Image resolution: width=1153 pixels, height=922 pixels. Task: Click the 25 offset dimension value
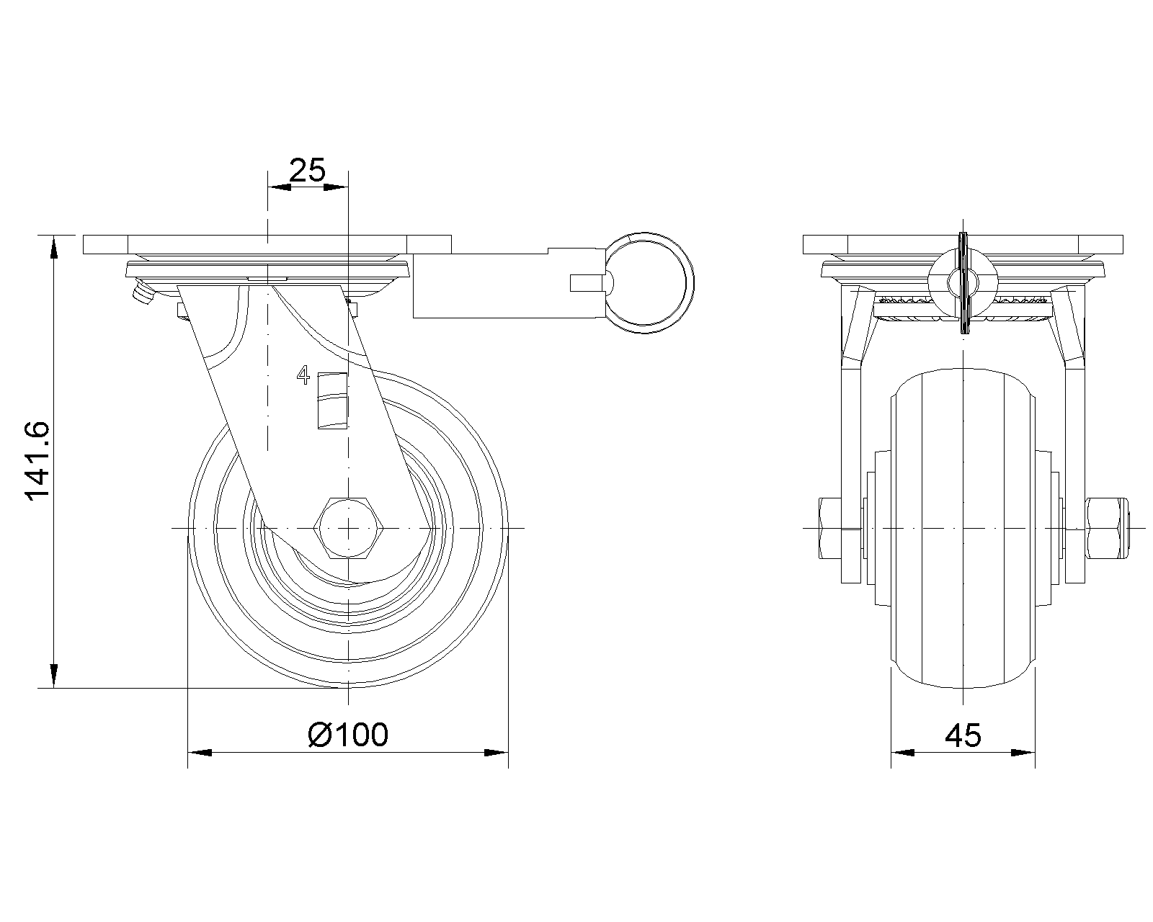(x=307, y=170)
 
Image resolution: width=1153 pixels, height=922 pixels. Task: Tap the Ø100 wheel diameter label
(x=348, y=735)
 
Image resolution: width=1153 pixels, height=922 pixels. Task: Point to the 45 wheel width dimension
(x=963, y=735)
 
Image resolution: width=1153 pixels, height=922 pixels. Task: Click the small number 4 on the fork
(x=303, y=375)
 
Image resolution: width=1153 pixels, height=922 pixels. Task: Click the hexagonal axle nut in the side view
(x=348, y=528)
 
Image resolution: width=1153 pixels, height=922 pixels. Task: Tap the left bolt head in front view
(x=830, y=529)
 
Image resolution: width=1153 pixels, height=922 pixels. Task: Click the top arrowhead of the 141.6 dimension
(x=53, y=249)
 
